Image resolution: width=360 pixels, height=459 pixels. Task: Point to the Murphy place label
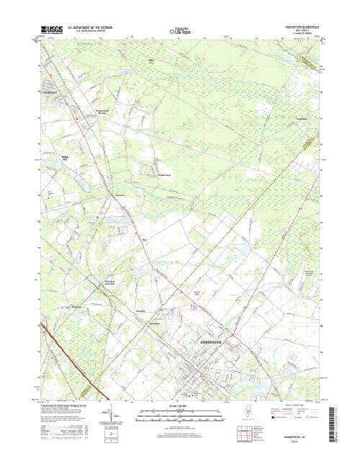click(141, 310)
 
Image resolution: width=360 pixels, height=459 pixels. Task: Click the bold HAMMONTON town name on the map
click(213, 335)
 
